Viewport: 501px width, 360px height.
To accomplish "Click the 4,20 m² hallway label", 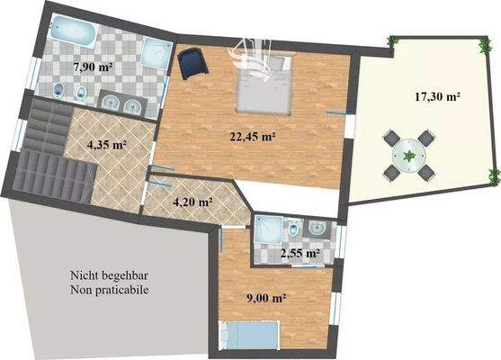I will point(192,202).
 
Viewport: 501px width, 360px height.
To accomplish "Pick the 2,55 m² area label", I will point(300,253).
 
